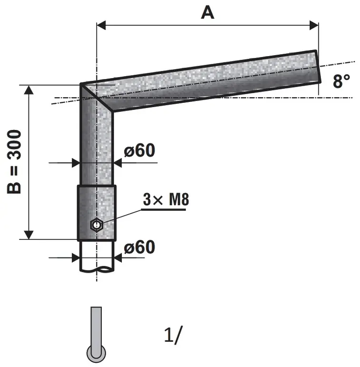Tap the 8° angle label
[341, 81]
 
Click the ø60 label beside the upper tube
[139, 150]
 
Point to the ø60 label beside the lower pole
[139, 247]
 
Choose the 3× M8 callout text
[165, 200]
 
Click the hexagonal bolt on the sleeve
[96, 224]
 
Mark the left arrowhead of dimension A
[100, 24]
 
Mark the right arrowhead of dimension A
[313, 24]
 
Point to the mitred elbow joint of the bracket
[97, 98]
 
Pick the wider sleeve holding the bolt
[97, 213]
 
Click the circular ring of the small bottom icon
[96, 353]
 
